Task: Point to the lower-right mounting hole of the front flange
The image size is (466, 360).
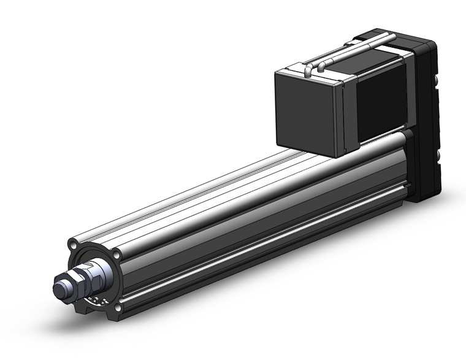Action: tap(117, 304)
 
